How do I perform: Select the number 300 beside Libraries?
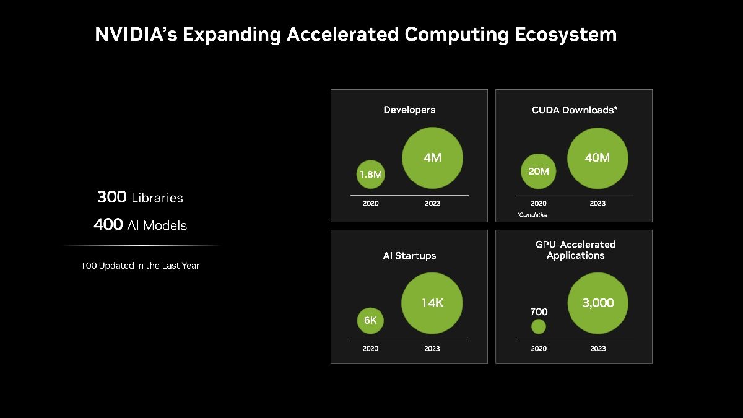click(111, 198)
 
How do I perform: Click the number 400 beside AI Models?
click(108, 225)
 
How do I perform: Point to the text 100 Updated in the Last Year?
click(141, 266)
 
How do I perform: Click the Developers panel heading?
click(409, 110)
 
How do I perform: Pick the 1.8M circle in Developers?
click(370, 175)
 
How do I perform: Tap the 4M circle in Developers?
click(432, 158)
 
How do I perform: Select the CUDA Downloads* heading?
click(575, 110)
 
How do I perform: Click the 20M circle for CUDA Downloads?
click(538, 171)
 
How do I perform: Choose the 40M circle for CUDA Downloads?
click(597, 158)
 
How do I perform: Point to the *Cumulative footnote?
click(532, 215)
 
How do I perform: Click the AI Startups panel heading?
click(409, 256)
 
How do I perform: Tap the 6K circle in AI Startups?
click(370, 321)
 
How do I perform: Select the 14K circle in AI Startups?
click(432, 303)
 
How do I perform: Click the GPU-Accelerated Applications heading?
click(575, 250)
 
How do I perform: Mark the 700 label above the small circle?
click(539, 312)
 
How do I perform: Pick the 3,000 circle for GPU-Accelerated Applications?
click(597, 303)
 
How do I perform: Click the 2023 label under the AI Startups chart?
click(432, 349)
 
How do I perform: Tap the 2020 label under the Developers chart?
click(370, 203)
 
